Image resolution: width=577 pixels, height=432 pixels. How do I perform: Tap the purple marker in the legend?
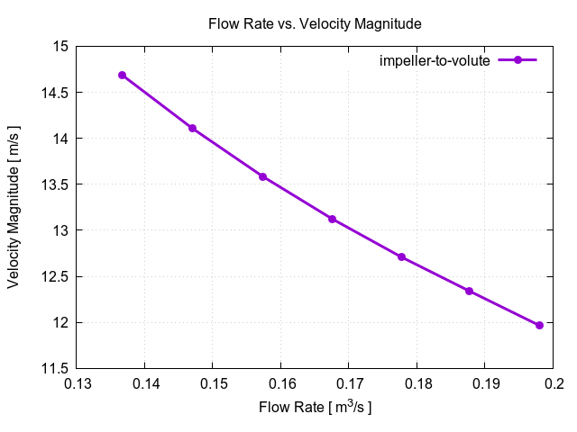coord(517,60)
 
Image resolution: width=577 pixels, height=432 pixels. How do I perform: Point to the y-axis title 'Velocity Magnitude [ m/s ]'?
coord(14,207)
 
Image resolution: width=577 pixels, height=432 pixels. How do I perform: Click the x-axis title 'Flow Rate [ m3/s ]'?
coord(315,407)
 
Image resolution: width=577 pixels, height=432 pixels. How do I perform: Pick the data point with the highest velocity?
coord(122,75)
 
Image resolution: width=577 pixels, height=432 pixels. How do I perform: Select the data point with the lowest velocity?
coord(539,325)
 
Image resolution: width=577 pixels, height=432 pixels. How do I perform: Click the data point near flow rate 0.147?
coord(192,128)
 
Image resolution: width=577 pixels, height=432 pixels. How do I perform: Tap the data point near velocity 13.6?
coord(262,176)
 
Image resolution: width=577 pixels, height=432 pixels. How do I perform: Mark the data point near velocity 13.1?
coord(332,219)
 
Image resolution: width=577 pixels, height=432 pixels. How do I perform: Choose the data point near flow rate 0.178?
coord(401,256)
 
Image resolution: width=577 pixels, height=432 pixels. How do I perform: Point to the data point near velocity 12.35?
coord(469,291)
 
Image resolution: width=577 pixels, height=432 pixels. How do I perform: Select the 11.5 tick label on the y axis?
coord(53,368)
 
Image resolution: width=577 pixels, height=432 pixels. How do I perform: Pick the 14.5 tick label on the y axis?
coord(53,92)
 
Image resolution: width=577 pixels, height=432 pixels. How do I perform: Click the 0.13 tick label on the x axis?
coord(77,385)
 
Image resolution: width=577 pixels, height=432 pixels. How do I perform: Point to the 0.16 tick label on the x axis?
coord(280,385)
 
